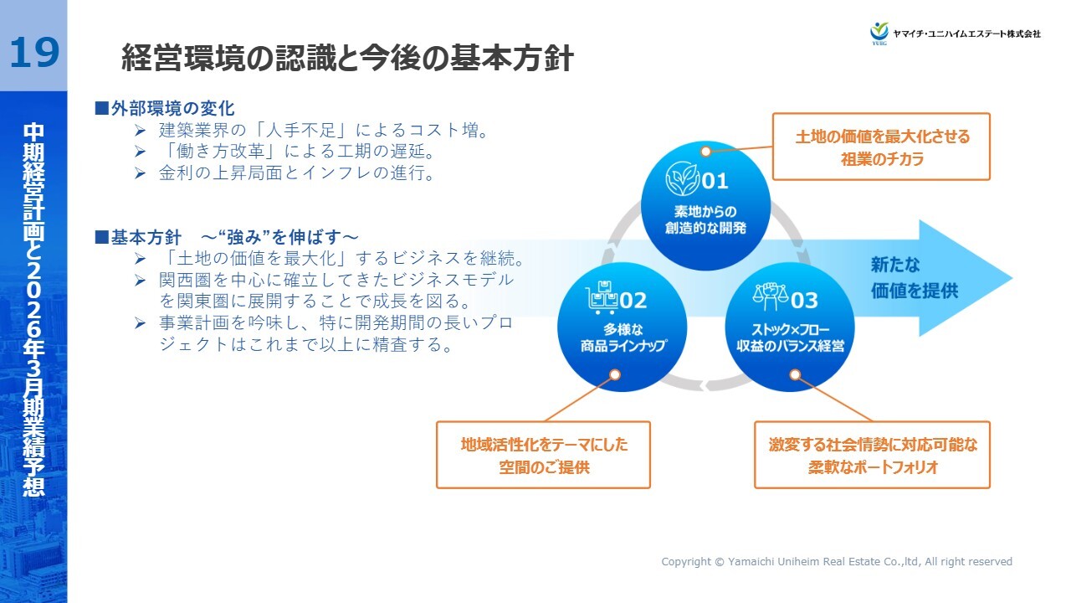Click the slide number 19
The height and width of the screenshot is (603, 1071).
coord(34,53)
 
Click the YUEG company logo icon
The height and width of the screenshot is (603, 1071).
coord(879,33)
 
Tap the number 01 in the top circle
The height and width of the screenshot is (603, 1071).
coord(715,181)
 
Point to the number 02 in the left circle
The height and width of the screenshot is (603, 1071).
coord(633,301)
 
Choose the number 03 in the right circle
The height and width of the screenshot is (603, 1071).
coord(804,301)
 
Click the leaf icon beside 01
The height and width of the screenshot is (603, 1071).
coord(682,178)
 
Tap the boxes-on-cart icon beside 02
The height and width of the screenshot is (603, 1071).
coord(602,297)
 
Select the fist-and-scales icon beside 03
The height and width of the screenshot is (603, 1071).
coord(770,296)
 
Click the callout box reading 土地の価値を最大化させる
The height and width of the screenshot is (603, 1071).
coord(881,147)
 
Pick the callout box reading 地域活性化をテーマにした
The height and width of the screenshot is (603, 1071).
coord(544,455)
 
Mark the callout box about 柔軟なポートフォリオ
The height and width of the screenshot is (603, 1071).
coord(872,455)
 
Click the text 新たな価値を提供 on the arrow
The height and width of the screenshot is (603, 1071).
coord(915,277)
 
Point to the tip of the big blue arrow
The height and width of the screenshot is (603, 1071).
coord(1012,278)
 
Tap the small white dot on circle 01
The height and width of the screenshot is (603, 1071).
coord(705,152)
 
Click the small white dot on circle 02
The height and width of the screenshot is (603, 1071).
coord(615,374)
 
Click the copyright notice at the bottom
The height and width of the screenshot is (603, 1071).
coord(837,561)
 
